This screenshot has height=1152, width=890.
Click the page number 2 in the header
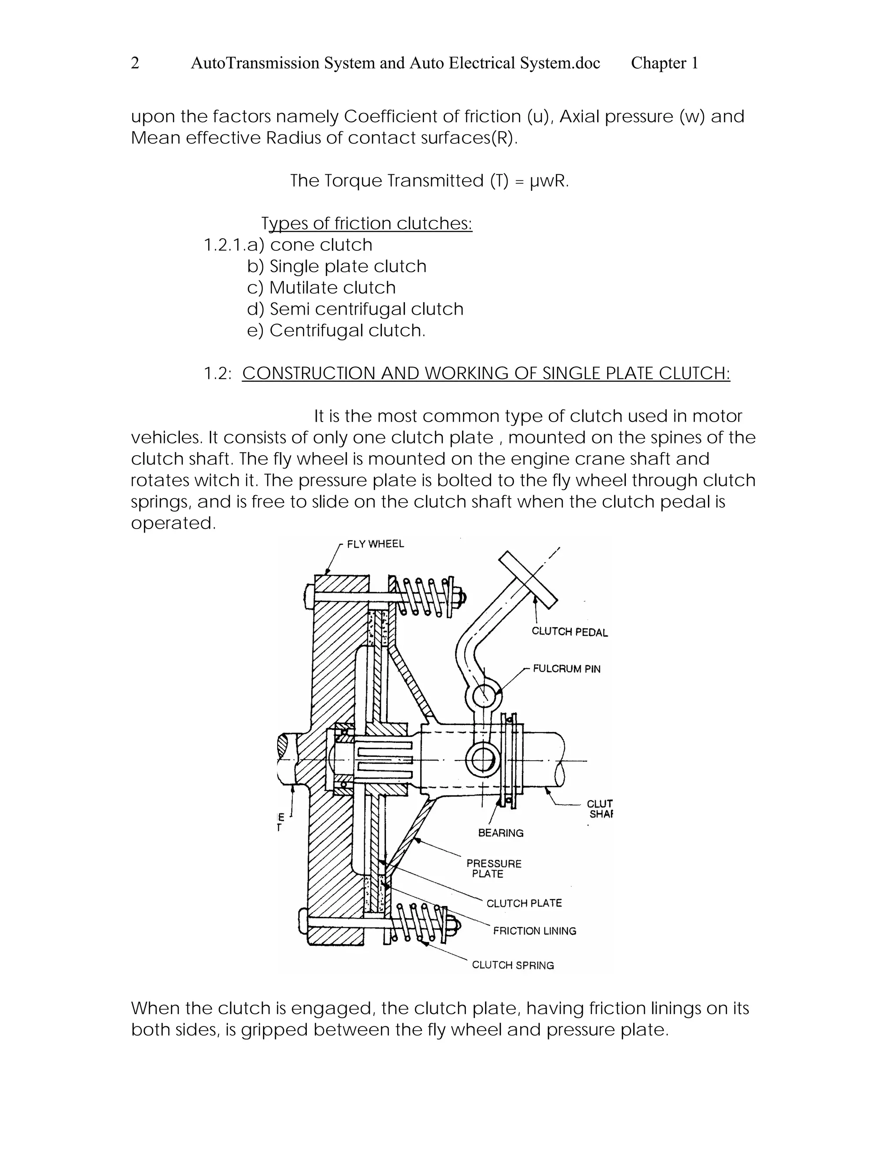coord(135,63)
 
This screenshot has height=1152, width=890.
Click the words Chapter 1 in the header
coord(664,63)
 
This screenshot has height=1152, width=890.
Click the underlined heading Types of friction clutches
coord(367,223)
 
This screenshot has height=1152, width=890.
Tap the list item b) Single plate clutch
coord(336,266)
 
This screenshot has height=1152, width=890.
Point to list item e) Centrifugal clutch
coord(336,331)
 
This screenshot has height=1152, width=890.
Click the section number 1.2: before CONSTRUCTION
coord(217,373)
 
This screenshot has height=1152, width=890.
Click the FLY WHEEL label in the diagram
coord(375,544)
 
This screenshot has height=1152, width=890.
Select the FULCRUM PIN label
coord(566,669)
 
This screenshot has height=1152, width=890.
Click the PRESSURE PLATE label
coord(494,868)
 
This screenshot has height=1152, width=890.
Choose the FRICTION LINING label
coord(534,931)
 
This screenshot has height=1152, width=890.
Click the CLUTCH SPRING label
coord(512,965)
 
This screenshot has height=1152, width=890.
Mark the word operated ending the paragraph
coord(173,523)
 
